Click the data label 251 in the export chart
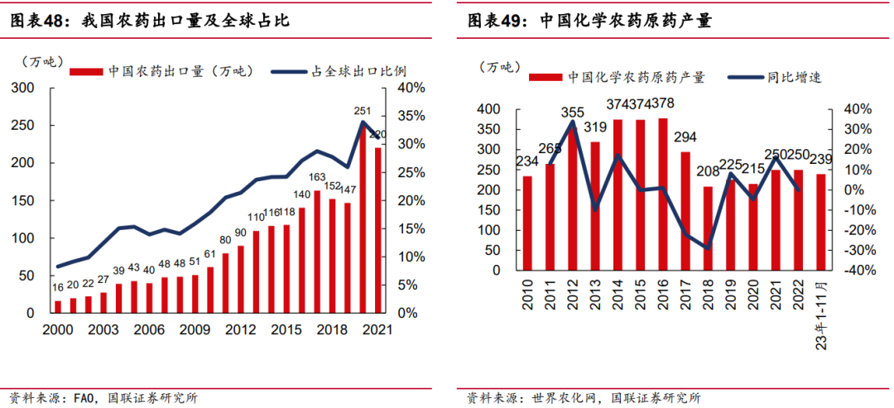coord(363,110)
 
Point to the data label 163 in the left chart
coord(317,177)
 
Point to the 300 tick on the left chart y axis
coord(25,88)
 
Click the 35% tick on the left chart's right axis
coord(411,115)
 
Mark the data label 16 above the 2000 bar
coord(57,286)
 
